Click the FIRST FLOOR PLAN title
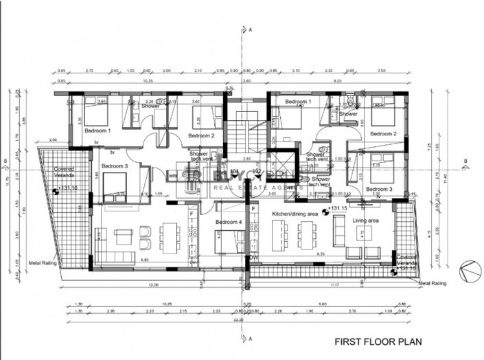pos(377,341)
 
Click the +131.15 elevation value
pos(338,207)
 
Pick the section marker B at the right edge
pos(465,163)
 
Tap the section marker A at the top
pos(251,30)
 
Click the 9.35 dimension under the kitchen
pos(320,254)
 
